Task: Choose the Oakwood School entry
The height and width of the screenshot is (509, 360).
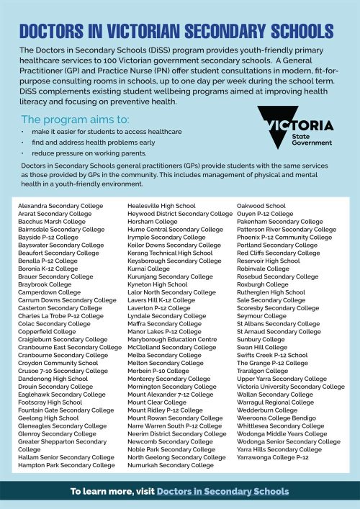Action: [x=261, y=206]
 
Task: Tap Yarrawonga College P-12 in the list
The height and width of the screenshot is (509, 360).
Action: [x=272, y=457]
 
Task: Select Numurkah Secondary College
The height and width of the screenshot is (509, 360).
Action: [x=170, y=465]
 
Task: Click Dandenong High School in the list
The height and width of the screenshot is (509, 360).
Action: [x=52, y=379]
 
